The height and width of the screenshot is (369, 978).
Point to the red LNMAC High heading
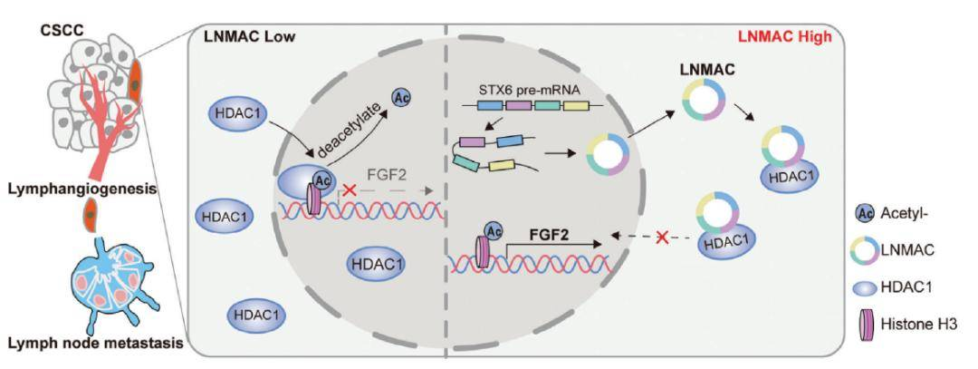[787, 35]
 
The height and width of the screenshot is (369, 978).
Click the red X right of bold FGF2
[662, 237]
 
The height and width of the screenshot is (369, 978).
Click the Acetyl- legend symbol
[864, 215]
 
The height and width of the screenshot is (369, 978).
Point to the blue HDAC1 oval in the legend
[864, 287]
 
